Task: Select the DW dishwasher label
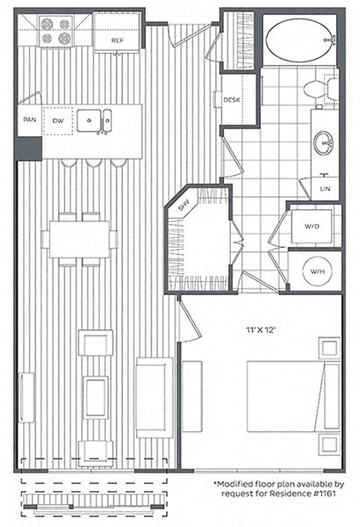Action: point(58,120)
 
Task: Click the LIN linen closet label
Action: point(326,188)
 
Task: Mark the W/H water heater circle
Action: point(314,270)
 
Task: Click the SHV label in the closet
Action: point(184,207)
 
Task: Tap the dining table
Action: point(79,237)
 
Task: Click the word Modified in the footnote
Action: point(238,484)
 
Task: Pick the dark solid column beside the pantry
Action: point(29,148)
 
